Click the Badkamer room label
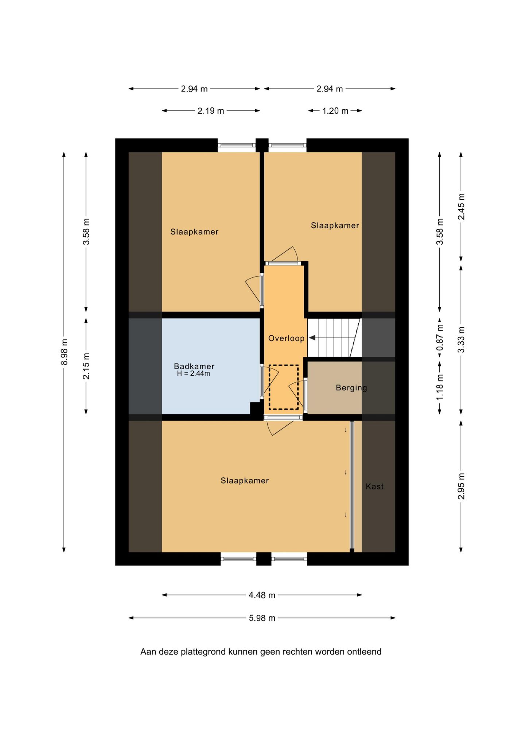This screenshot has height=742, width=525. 194,366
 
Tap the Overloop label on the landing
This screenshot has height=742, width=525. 286,338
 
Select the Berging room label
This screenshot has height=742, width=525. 351,388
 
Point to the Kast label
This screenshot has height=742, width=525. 374,486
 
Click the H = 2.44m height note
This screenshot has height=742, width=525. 193,374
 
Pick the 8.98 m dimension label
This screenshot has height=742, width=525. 64,352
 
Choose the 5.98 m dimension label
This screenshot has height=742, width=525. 262,618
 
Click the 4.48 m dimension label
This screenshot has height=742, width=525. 262,595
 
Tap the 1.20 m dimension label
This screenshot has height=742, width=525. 335,111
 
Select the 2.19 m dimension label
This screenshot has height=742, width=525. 211,111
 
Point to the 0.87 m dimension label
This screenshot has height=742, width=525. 440,337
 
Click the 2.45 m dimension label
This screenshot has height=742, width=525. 461,207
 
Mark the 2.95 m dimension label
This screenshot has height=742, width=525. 461,486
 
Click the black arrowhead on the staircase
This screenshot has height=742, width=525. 312,338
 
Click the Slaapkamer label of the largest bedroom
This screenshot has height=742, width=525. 245,481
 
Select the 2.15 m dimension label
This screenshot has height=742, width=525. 86,366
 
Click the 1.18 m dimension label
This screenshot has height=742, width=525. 440,387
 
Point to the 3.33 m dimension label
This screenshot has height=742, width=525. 461,340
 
